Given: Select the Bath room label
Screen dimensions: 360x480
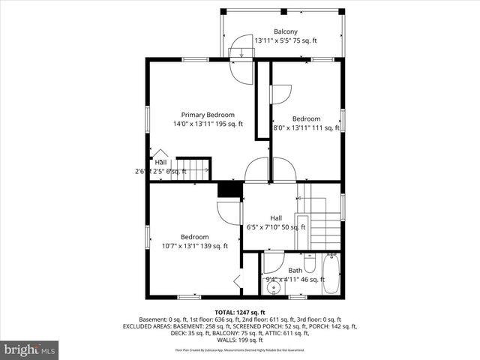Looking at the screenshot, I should pyautogui.click(x=295, y=270).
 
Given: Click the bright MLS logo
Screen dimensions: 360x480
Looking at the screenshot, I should pyautogui.click(x=30, y=349).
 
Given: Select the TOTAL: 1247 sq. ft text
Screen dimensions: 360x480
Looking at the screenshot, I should pyautogui.click(x=240, y=312).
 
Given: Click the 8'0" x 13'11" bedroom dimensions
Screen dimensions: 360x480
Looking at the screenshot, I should pyautogui.click(x=306, y=128).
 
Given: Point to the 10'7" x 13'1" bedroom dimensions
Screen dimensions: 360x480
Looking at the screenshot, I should pyautogui.click(x=194, y=246).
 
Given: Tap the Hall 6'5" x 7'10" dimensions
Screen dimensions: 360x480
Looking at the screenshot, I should pyautogui.click(x=276, y=227).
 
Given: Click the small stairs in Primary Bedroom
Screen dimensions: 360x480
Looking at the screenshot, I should pyautogui.click(x=193, y=169).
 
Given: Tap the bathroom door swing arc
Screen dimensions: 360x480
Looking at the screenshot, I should pyautogui.click(x=273, y=264).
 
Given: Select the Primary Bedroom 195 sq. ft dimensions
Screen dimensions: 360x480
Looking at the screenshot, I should pyautogui.click(x=208, y=124).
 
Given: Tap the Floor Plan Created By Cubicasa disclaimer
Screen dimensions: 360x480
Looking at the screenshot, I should pyautogui.click(x=240, y=350).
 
